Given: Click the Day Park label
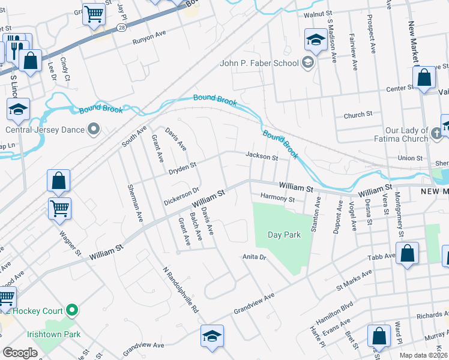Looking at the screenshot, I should click(x=283, y=235).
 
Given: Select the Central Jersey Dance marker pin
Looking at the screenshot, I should click(x=94, y=129).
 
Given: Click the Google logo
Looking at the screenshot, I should click(x=20, y=353).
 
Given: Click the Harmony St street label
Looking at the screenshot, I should click(x=277, y=198).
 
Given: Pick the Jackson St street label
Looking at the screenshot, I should click(x=262, y=157).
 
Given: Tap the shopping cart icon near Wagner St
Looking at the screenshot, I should click(x=59, y=208).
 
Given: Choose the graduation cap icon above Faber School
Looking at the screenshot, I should click(x=315, y=40).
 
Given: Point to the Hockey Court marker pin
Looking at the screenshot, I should click(x=73, y=310).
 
